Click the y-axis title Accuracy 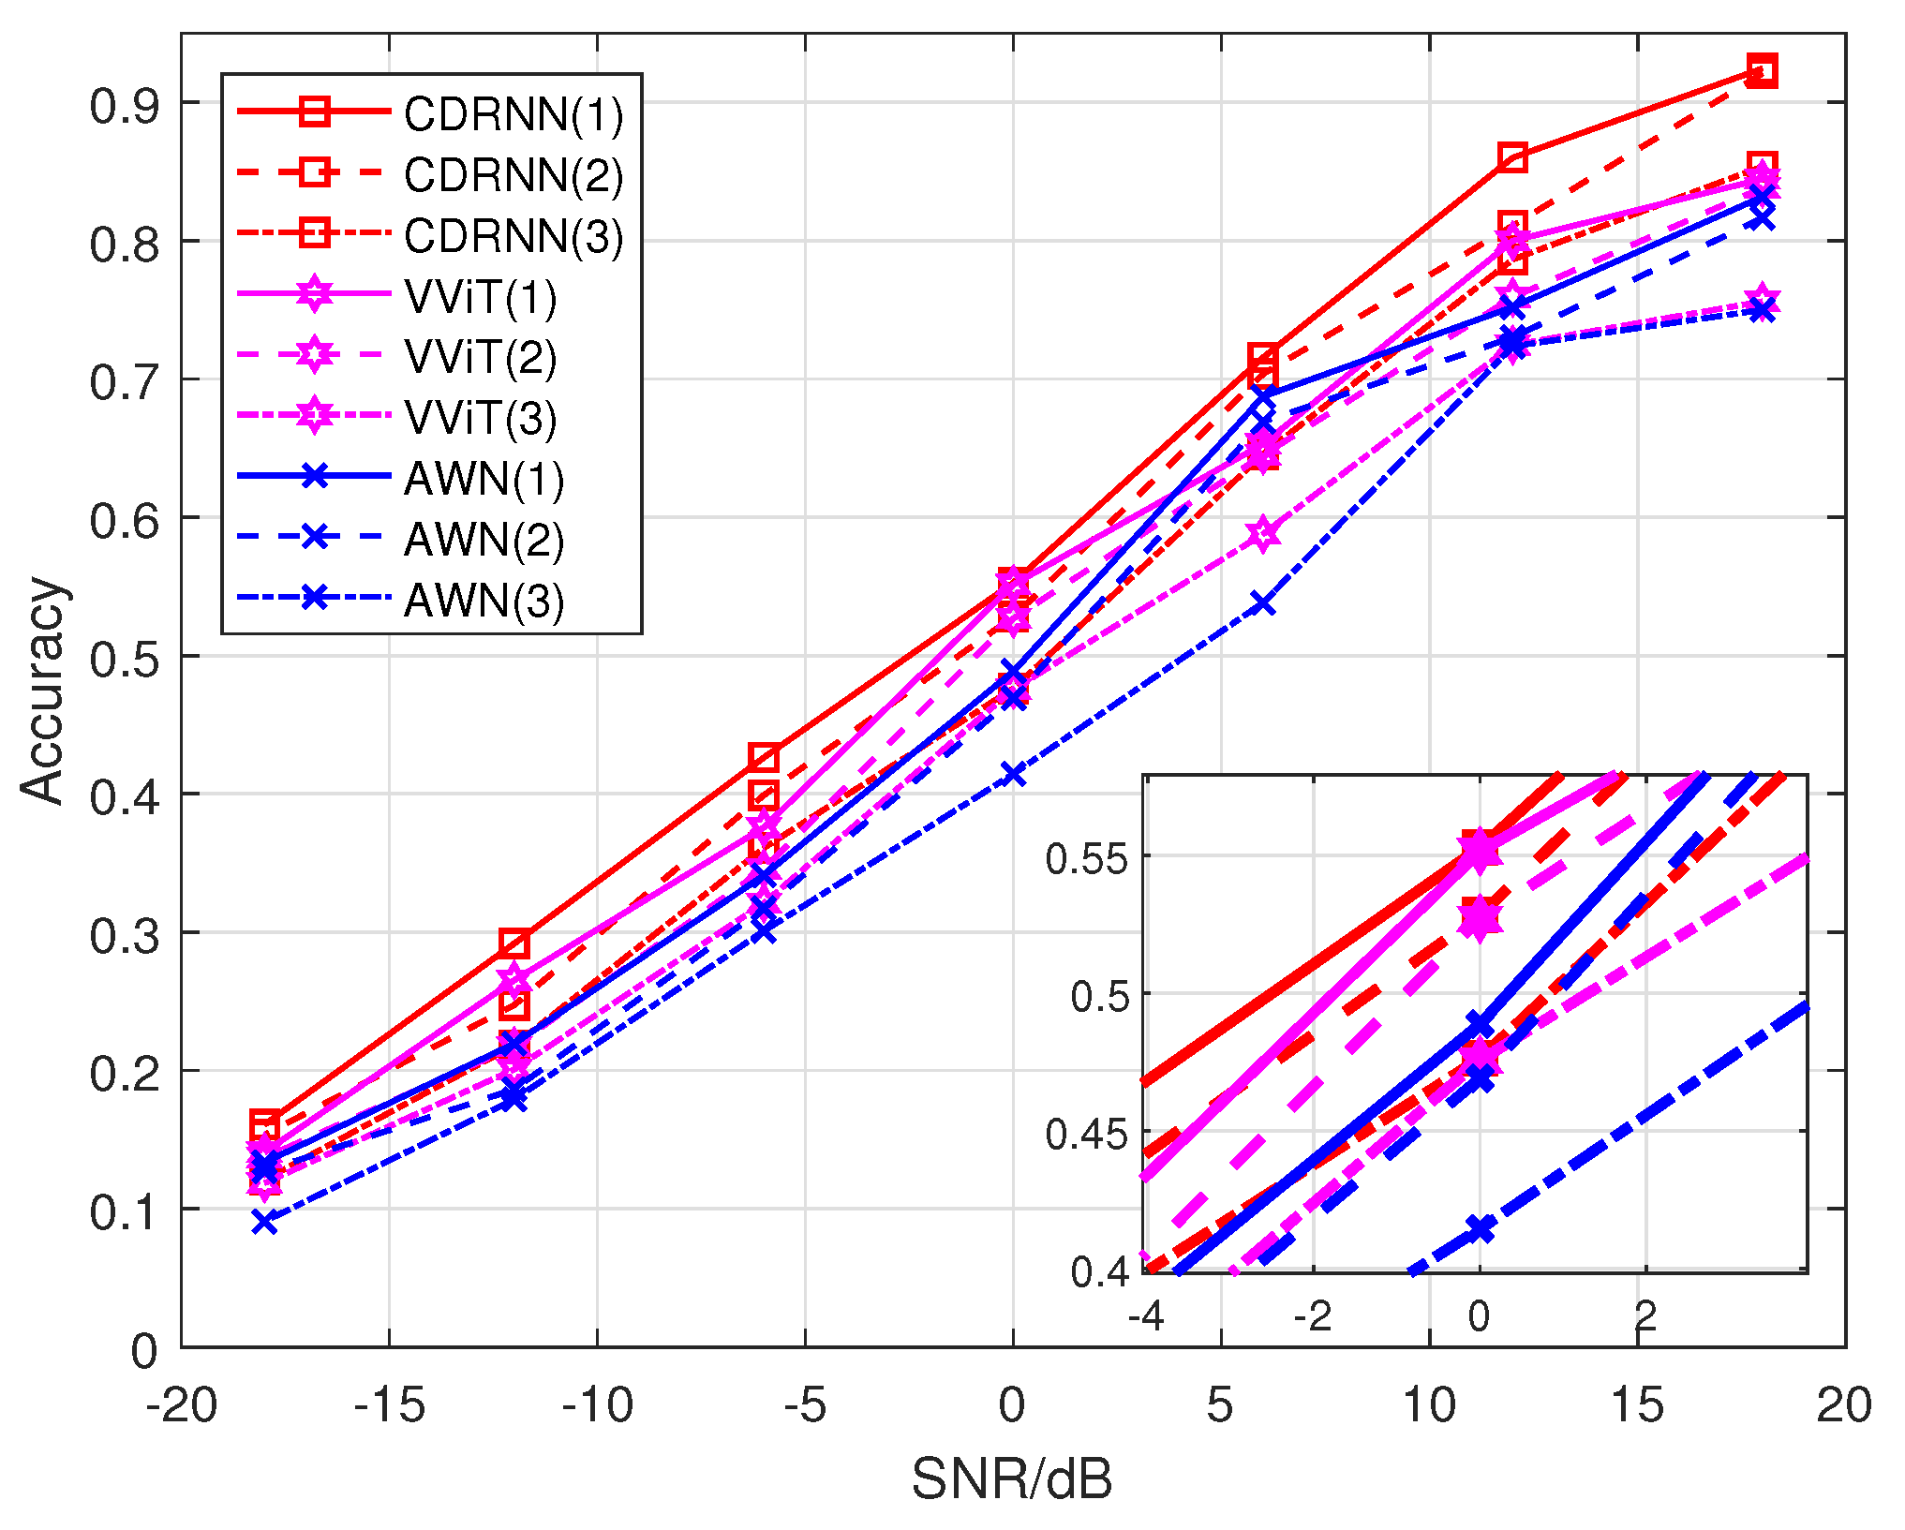click(43, 690)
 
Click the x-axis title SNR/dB click(1012, 1479)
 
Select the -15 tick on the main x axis click(389, 1404)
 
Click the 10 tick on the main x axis click(1429, 1404)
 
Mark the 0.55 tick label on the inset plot click(1087, 858)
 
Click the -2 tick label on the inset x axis click(1312, 1316)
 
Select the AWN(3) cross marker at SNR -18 click(265, 1222)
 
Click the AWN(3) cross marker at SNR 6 click(1263, 603)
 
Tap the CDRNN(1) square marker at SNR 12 click(1512, 157)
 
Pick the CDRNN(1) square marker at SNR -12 click(514, 943)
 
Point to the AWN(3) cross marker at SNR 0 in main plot click(1013, 774)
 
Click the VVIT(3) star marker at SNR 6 click(1263, 533)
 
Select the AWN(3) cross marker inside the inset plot click(1480, 1228)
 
